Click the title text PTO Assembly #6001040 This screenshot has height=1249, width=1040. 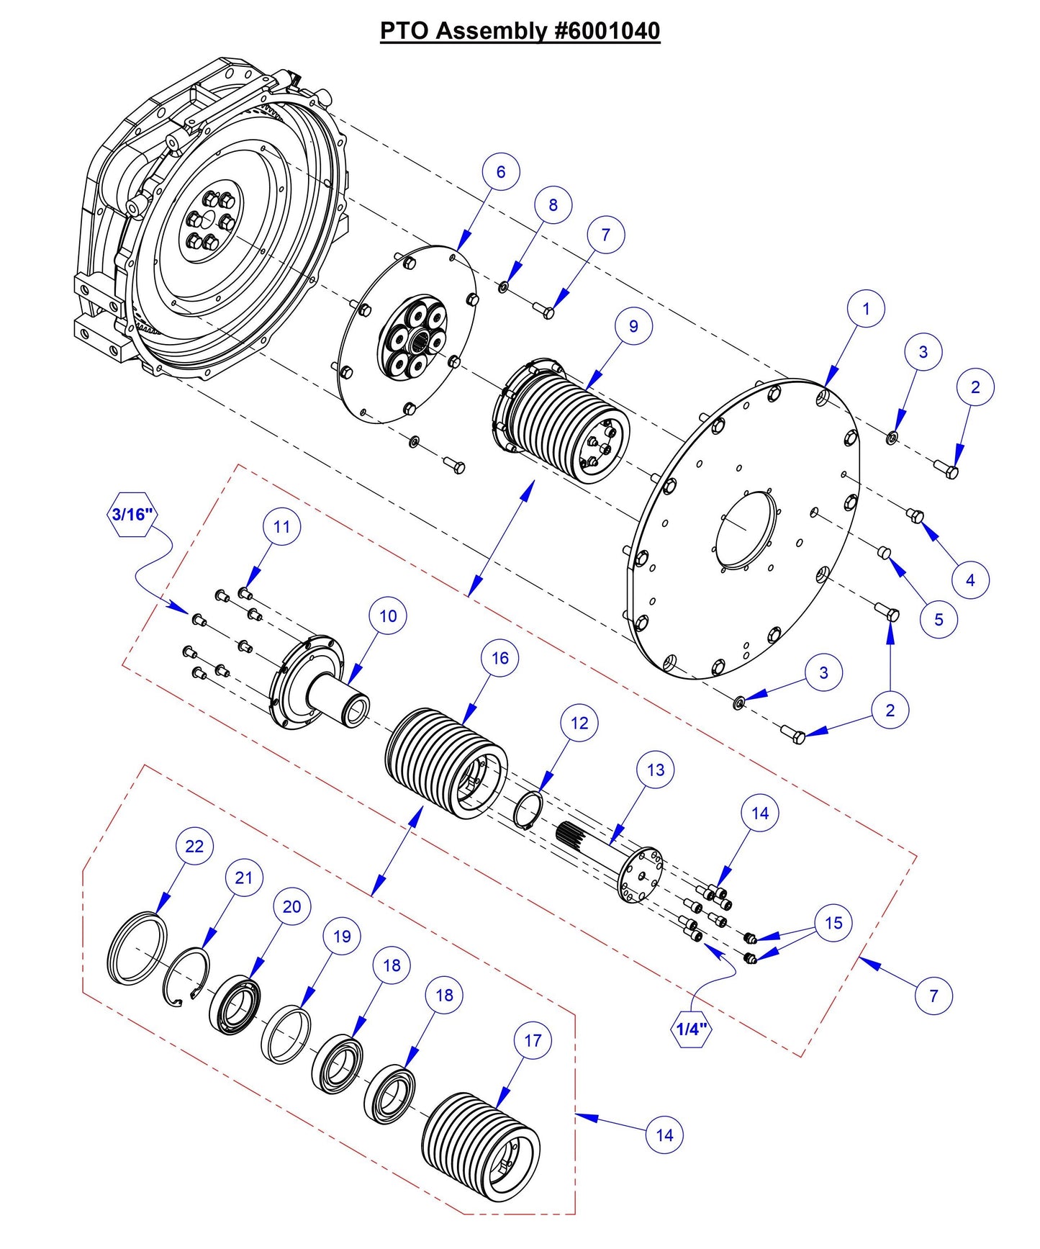click(x=520, y=31)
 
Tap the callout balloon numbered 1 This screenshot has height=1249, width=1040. click(x=866, y=309)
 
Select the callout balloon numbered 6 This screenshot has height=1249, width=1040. click(x=501, y=172)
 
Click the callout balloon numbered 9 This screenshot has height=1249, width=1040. click(x=633, y=326)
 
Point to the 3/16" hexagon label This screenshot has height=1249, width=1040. click(x=132, y=514)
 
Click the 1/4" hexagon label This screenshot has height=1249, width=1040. click(x=691, y=1029)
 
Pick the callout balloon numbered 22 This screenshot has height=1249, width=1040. click(x=194, y=846)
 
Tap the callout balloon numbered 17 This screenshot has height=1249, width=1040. click(x=533, y=1040)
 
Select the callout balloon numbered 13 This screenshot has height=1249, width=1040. click(x=656, y=770)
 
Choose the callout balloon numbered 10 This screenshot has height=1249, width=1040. click(x=388, y=616)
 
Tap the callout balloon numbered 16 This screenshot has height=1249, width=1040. click(x=500, y=658)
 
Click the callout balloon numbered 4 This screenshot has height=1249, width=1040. click(x=970, y=580)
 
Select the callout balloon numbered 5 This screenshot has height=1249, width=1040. click(x=939, y=619)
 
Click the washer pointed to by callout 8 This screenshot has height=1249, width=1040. click(x=502, y=288)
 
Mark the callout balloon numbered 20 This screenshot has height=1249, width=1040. click(x=291, y=906)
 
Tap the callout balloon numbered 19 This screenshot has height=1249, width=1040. click(x=342, y=936)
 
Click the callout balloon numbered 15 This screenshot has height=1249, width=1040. click(x=833, y=923)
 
